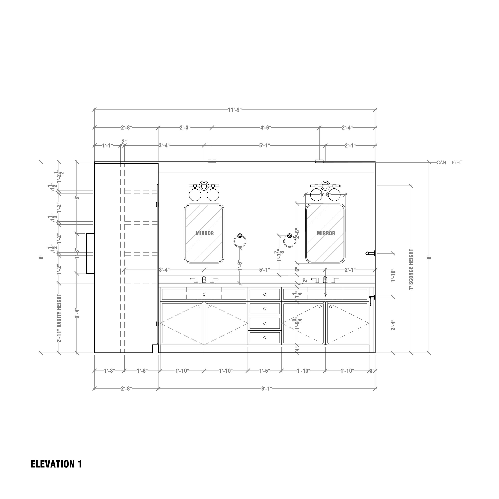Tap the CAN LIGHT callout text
coord(449,163)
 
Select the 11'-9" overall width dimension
coord(235,110)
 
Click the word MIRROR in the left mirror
coord(205,233)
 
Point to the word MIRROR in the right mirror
coord(326,233)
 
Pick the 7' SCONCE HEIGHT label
coord(412,269)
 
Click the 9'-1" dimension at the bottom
coord(266,388)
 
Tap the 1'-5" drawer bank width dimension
coord(264,371)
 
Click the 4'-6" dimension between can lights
coord(265,128)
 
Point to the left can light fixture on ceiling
coord(212,161)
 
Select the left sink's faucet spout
coord(204,279)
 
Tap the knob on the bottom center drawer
coord(265,338)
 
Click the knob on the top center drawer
coord(265,294)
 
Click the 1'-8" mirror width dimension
coord(325,194)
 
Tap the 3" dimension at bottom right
coord(372,371)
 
